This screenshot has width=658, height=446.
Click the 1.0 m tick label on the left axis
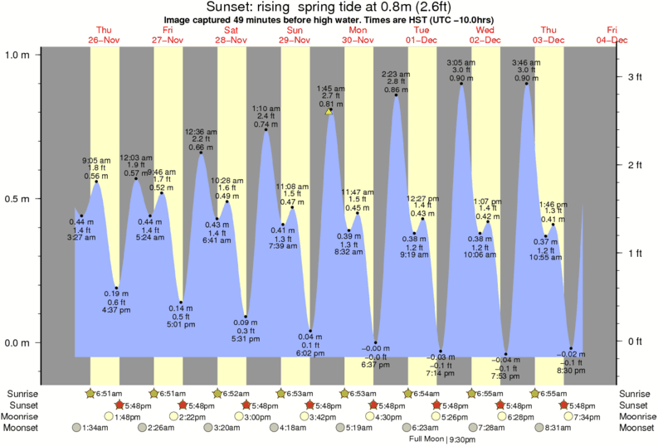coord(17,55)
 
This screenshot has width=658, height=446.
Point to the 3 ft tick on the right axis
coord(635,77)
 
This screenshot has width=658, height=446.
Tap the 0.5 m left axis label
coord(17,199)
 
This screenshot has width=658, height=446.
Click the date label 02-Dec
coord(485,40)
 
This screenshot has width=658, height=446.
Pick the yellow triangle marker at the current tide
coord(329,111)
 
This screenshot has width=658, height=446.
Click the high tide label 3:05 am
coord(461,63)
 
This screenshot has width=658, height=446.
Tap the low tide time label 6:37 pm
coord(376,364)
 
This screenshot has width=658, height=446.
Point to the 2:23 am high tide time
coord(396,75)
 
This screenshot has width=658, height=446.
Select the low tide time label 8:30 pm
coord(571,371)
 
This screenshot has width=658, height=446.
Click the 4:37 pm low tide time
coord(116,311)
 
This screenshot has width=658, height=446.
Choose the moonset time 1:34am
coord(99,429)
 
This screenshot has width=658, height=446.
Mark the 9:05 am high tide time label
coord(96,160)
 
